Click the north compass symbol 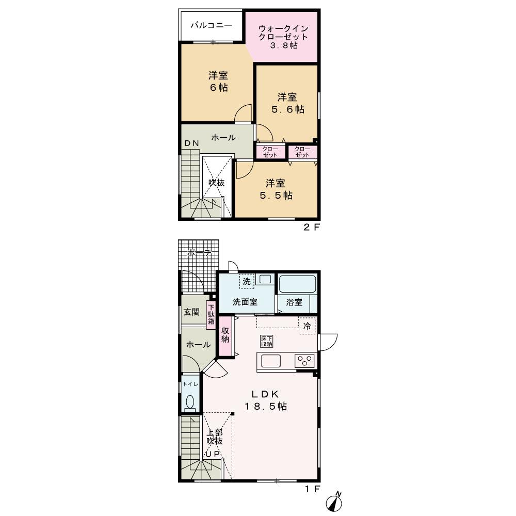[334, 503]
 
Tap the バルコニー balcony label [212, 25]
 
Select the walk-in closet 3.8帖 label [283, 37]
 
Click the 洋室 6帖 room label [218, 82]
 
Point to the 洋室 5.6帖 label [287, 103]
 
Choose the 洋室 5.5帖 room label [276, 189]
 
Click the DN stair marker [191, 143]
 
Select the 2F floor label [311, 227]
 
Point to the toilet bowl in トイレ [190, 402]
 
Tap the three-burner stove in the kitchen [305, 361]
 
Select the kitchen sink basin [271, 361]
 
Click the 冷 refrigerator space [307, 326]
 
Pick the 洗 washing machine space [247, 281]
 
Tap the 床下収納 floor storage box [267, 341]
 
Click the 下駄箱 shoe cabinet [211, 315]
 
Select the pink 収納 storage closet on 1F [225, 336]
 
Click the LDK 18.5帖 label [266, 400]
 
